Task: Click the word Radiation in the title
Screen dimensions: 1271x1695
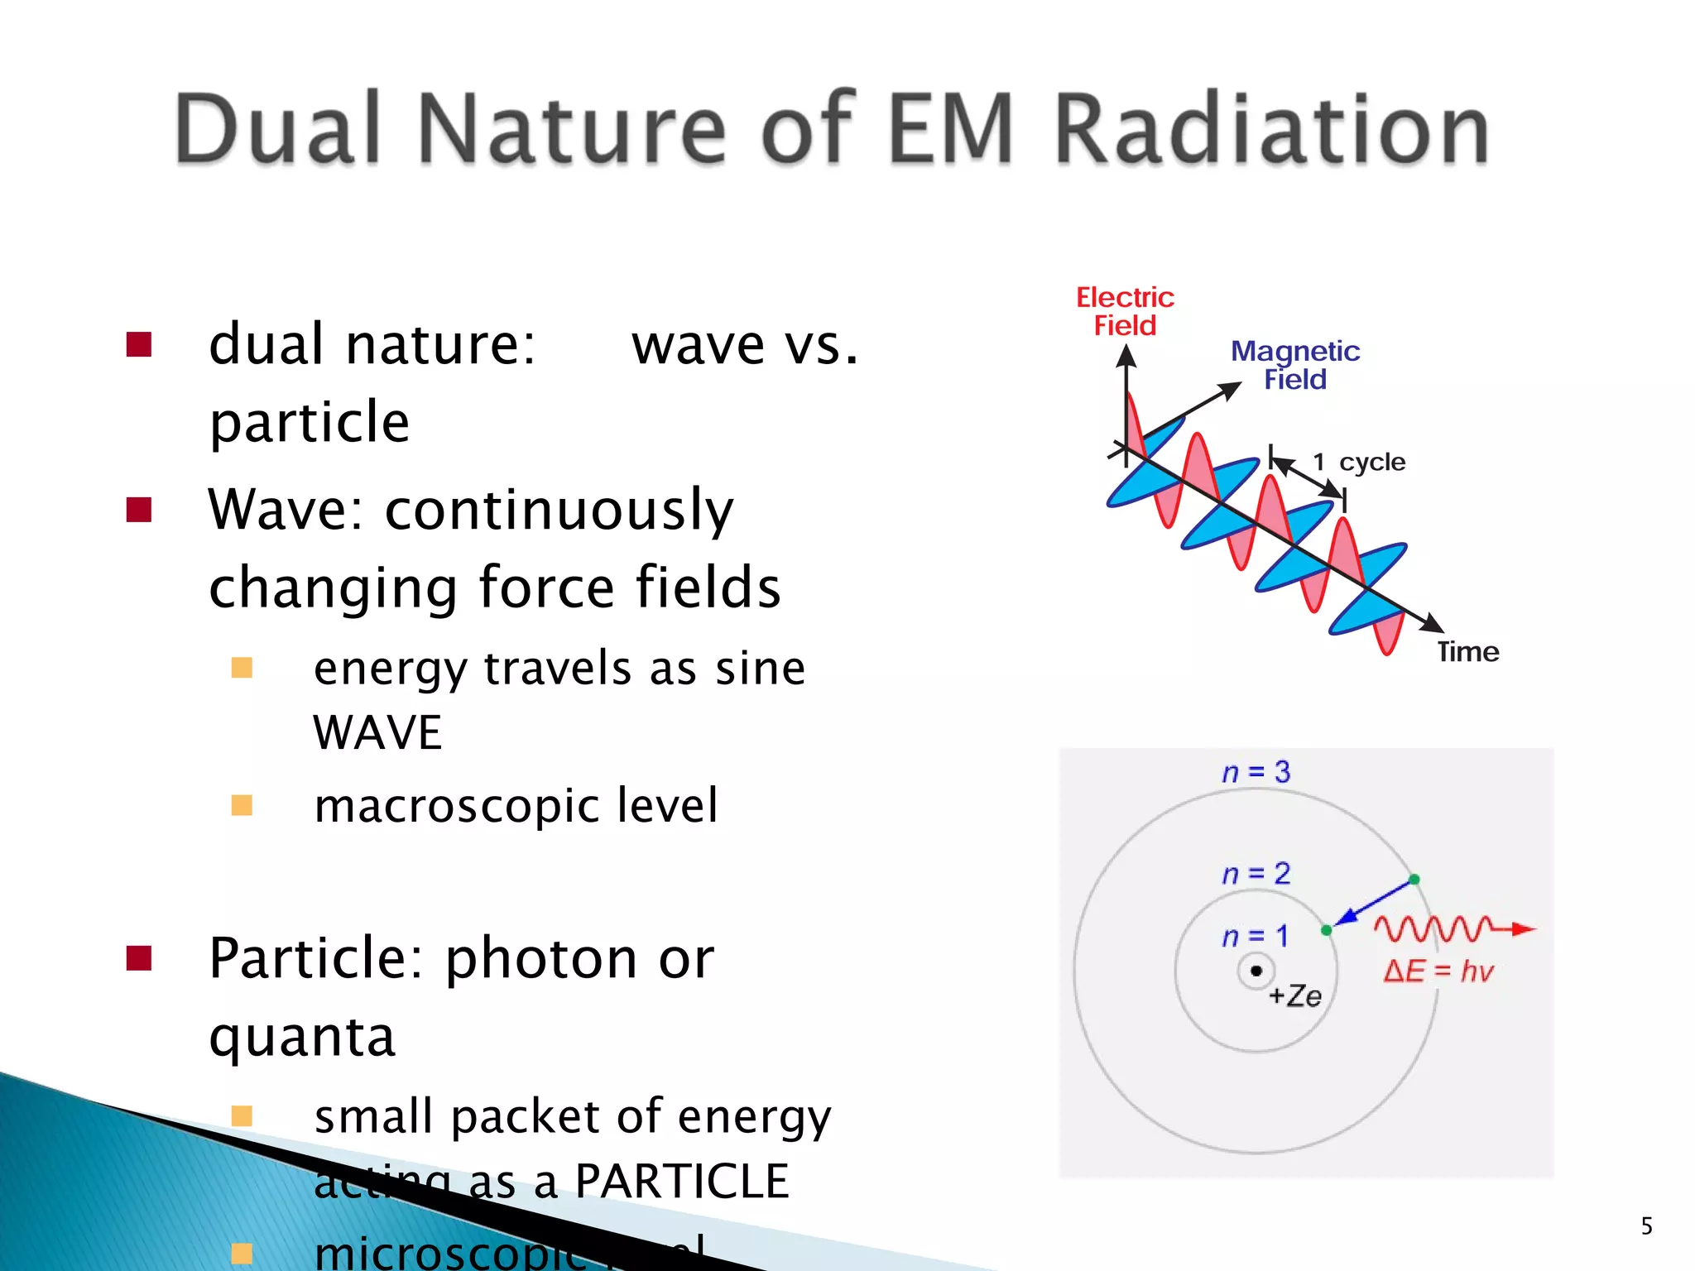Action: click(x=1271, y=130)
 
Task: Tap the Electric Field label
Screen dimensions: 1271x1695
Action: click(x=1125, y=311)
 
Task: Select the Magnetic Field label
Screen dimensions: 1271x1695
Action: click(x=1294, y=365)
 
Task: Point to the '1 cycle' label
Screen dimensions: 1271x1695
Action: click(x=1359, y=462)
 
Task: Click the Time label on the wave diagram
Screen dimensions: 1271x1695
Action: click(x=1467, y=652)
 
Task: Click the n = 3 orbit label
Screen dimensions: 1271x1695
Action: click(x=1256, y=772)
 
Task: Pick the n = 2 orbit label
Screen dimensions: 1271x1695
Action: click(x=1256, y=874)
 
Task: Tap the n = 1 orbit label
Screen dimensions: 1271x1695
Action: click(x=1256, y=937)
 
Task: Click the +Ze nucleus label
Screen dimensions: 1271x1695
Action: click(x=1295, y=995)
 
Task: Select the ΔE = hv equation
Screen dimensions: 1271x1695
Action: click(x=1438, y=971)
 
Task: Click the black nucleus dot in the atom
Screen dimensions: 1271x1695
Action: click(x=1256, y=971)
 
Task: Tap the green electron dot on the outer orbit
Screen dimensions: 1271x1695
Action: click(x=1414, y=880)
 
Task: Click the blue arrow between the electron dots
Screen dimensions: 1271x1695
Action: click(x=1374, y=904)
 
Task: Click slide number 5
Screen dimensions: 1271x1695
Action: click(x=1646, y=1225)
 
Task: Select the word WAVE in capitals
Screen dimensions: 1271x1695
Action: click(x=377, y=732)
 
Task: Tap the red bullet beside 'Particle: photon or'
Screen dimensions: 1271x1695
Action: click(x=139, y=958)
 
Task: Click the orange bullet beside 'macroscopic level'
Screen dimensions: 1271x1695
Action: click(x=242, y=805)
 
